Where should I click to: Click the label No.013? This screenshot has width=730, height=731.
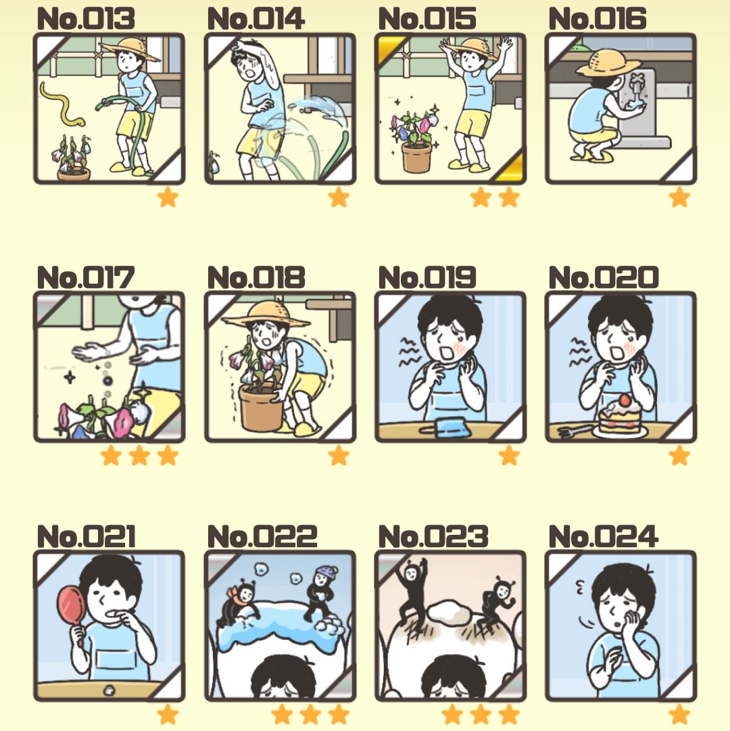(86, 19)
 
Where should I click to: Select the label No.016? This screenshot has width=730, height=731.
(598, 19)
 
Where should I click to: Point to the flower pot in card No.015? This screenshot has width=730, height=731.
(417, 158)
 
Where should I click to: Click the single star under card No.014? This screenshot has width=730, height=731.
(339, 197)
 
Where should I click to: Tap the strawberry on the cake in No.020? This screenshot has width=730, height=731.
(624, 400)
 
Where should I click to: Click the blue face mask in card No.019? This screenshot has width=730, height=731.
(445, 427)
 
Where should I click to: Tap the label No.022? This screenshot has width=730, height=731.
(262, 537)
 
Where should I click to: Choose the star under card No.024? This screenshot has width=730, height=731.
(679, 714)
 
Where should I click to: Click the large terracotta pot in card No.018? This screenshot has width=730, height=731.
(260, 408)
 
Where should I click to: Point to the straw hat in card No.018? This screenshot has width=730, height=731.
(266, 314)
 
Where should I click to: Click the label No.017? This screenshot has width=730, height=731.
(86, 278)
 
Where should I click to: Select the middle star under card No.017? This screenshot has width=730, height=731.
(139, 456)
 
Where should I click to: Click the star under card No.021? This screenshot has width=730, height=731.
(168, 714)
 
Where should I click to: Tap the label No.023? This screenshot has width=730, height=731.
(433, 537)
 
